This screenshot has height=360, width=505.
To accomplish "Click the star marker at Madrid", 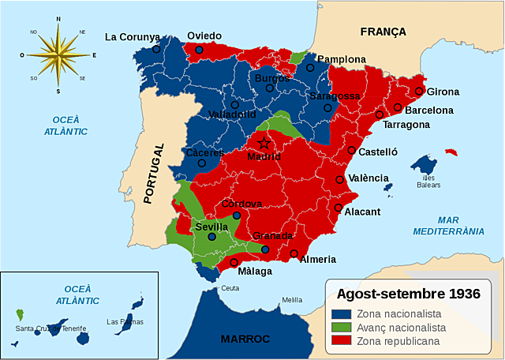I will pyautogui.click(x=264, y=143).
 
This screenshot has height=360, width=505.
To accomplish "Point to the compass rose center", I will pyautogui.click(x=58, y=54).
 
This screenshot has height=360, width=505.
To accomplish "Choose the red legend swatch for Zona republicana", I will pyautogui.click(x=340, y=341).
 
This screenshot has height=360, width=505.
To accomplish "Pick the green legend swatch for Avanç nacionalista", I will pyautogui.click(x=340, y=328).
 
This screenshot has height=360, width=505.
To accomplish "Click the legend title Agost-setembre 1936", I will pyautogui.click(x=408, y=294).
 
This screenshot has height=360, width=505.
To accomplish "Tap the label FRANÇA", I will pyautogui.click(x=383, y=32).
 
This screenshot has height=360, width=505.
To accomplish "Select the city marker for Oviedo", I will pyautogui.click(x=199, y=50).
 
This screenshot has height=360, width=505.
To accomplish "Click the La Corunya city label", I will pyautogui.click(x=133, y=36).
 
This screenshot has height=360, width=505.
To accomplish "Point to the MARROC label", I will pyautogui.click(x=245, y=339).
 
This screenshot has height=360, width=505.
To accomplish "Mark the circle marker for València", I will pyautogui.click(x=340, y=179).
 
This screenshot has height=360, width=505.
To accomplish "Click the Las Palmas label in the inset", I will pyautogui.click(x=125, y=321).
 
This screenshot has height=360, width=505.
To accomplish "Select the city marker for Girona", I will pyautogui.click(x=419, y=91).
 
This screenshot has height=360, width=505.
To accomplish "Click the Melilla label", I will pyautogui.click(x=292, y=300).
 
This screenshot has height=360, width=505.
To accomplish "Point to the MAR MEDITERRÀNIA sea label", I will pyautogui.click(x=449, y=226).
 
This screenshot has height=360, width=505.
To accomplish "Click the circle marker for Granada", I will pyautogui.click(x=265, y=249).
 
